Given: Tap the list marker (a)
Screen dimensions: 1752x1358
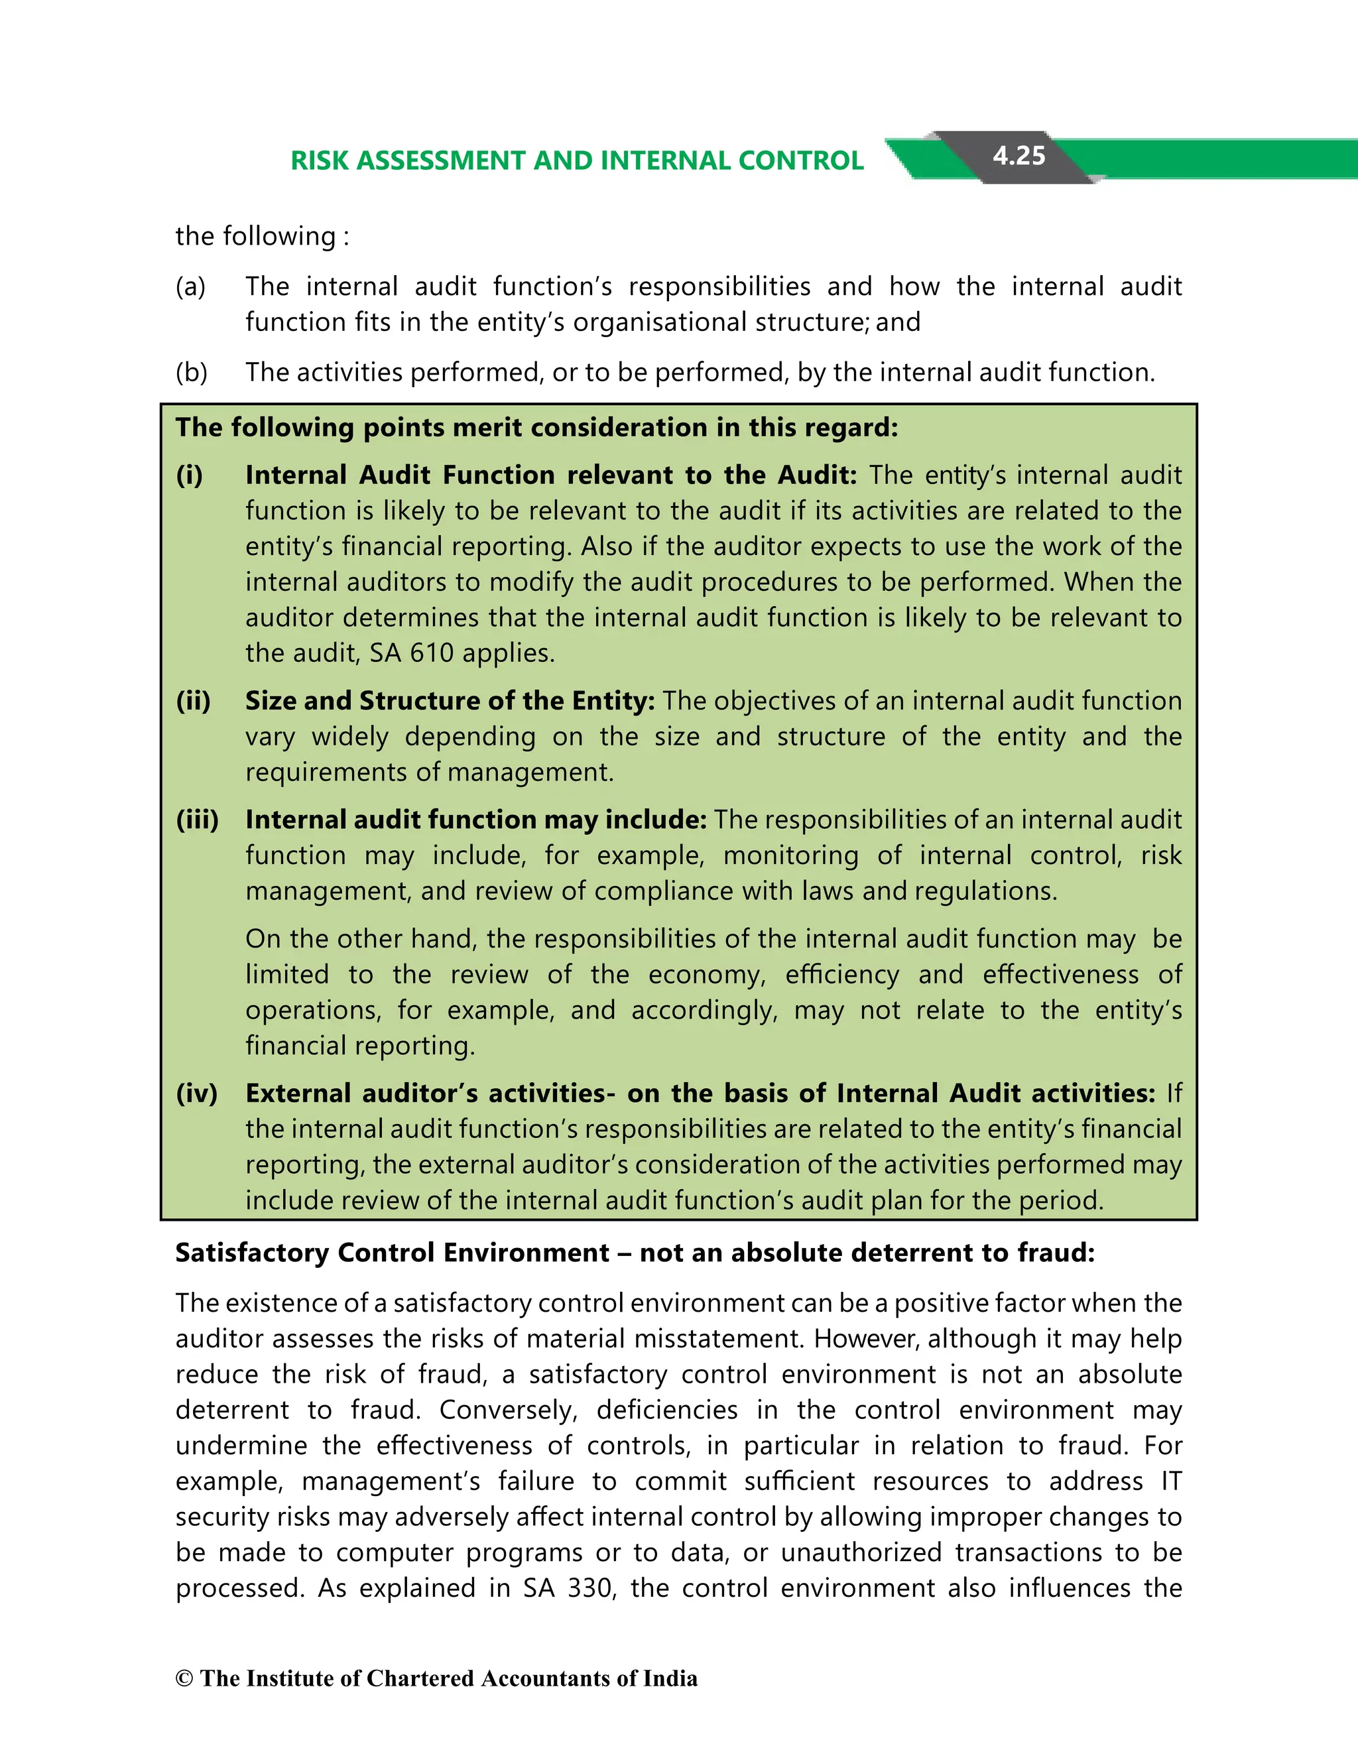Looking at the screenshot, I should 191,286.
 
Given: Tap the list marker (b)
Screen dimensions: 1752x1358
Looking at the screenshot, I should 192,372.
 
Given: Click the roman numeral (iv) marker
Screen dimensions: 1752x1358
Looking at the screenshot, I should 196,1094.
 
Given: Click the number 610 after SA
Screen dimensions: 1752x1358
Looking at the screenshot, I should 432,653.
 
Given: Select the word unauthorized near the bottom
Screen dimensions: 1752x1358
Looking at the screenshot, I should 861,1553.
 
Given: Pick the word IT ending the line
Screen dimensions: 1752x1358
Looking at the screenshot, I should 1171,1481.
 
